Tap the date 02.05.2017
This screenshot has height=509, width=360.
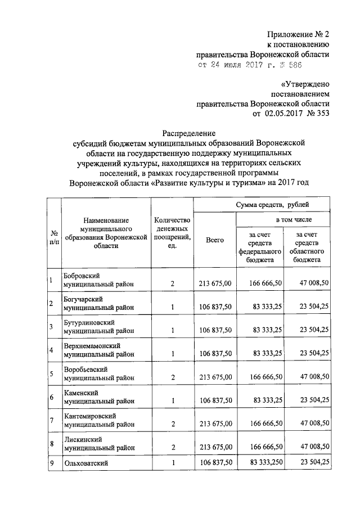click(x=286, y=114)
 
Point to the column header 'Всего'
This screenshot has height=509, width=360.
click(x=215, y=240)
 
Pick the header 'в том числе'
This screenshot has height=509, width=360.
click(x=293, y=219)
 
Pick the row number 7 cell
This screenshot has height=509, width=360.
click(x=52, y=420)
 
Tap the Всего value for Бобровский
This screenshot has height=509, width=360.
click(x=215, y=284)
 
